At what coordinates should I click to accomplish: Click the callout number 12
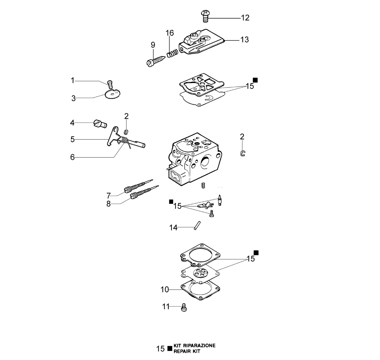coord(245,18)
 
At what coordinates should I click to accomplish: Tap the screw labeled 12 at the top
coord(205,16)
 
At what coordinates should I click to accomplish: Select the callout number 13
coord(244,40)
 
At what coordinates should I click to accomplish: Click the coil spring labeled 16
coord(172,53)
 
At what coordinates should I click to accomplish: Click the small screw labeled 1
coord(110,85)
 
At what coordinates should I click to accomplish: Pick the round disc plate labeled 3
coord(112,94)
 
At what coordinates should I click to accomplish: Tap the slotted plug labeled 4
coord(100,124)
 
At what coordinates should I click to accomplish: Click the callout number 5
coord(72,139)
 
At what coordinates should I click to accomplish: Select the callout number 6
coord(72,157)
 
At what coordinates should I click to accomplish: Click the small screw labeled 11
coord(184,307)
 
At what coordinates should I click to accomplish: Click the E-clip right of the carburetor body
coord(243,153)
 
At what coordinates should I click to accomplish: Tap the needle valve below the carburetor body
coord(220,200)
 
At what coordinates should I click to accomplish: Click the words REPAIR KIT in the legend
coord(187,351)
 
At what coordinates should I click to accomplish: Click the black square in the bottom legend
coord(170,349)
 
